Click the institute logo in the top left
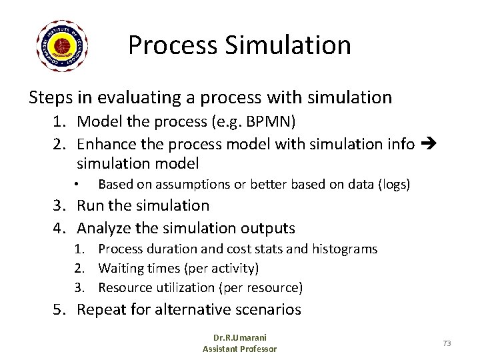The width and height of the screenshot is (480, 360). pyautogui.click(x=63, y=46)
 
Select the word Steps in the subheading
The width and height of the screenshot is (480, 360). pyautogui.click(x=51, y=98)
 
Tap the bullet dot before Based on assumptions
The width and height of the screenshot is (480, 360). pyautogui.click(x=78, y=184)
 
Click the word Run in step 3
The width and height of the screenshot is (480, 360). pyautogui.click(x=91, y=206)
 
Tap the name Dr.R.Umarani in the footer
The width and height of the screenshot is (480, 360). pyautogui.click(x=239, y=339)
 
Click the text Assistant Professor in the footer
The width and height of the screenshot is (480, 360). pyautogui.click(x=239, y=349)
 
